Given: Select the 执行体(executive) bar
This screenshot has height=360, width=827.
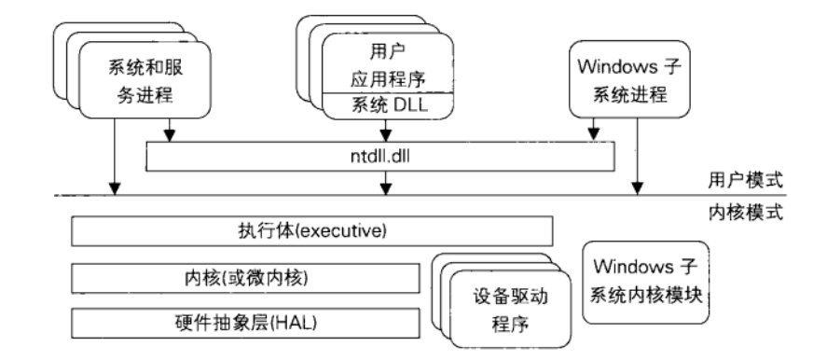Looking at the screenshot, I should (x=312, y=229).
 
